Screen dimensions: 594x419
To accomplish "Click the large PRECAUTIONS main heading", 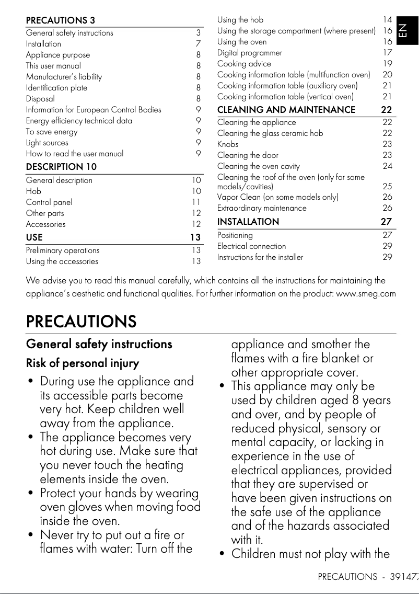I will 81,321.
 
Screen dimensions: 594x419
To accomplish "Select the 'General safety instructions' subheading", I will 99,344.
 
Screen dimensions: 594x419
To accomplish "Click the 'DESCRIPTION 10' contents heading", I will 61,167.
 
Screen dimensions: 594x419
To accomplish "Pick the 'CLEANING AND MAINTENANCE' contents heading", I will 286,110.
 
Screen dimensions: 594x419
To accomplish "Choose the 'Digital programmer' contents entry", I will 250,53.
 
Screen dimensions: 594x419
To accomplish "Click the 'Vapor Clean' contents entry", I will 277,197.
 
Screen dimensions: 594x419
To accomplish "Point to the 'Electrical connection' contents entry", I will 251,246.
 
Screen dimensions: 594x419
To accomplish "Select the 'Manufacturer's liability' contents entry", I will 64,77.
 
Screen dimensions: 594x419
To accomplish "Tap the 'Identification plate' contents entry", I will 56,88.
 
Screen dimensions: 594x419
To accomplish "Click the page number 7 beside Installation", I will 199,44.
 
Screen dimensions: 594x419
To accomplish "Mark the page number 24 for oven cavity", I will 387,166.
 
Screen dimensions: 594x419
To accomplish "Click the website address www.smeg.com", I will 366,293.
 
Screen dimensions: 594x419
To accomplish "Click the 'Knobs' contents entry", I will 227,144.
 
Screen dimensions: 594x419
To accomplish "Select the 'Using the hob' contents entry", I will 240,20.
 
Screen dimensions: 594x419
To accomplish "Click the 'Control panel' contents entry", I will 49,202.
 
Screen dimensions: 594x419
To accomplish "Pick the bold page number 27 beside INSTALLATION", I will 386,222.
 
